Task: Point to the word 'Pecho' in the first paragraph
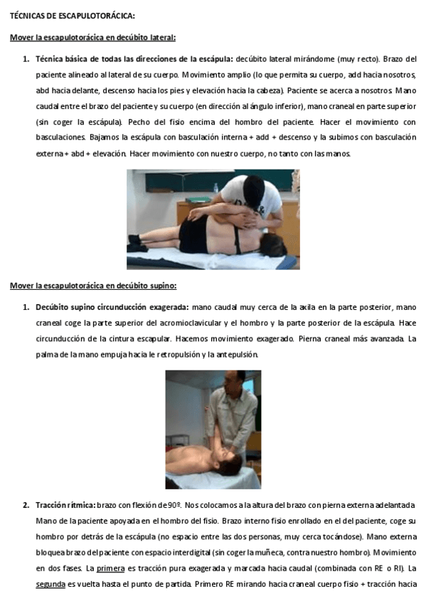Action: (139, 122)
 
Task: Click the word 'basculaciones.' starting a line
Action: (60, 137)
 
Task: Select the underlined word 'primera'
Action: (110, 568)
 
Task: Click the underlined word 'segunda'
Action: (50, 584)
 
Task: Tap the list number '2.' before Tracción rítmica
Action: (26, 505)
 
